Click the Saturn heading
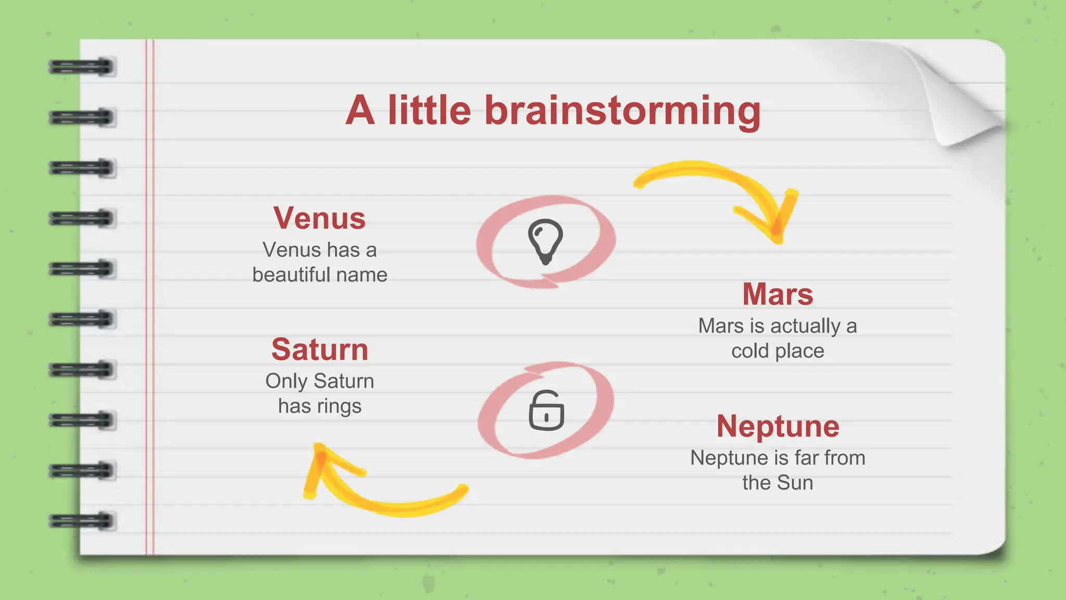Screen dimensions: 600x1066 click(x=320, y=349)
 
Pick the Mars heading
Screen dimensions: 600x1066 click(x=778, y=294)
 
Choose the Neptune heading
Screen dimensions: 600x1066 click(x=778, y=426)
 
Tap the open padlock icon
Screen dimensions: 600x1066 click(x=547, y=411)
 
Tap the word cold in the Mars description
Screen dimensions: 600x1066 click(x=750, y=351)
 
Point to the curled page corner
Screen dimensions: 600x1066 click(x=958, y=99)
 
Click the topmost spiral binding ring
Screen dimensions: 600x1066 click(x=82, y=67)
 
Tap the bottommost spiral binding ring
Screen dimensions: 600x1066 click(x=82, y=520)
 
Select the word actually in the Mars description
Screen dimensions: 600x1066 click(x=805, y=326)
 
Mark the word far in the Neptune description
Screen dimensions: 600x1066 click(x=806, y=458)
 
